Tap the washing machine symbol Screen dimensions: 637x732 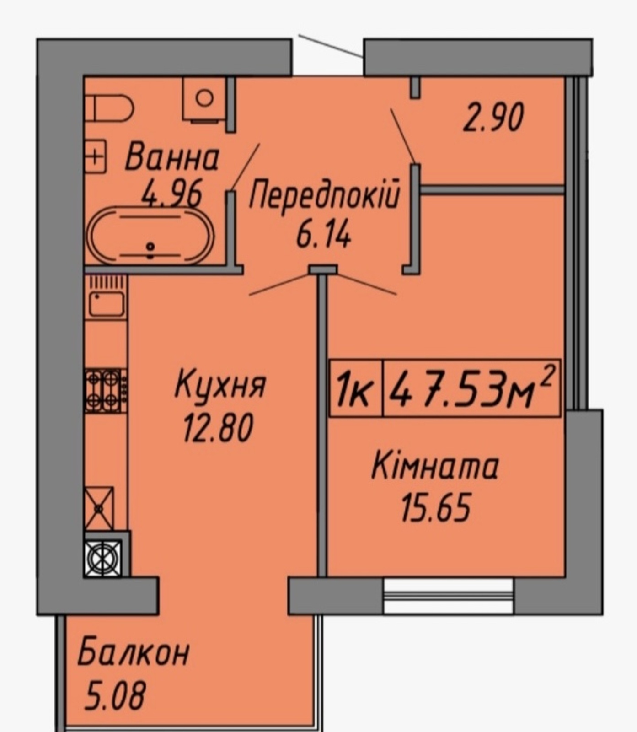204,99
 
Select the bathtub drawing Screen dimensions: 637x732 150,236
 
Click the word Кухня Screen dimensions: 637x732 220,385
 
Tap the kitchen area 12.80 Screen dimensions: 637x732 218,428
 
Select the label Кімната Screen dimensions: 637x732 434,467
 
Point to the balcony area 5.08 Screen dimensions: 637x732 115,695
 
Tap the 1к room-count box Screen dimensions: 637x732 356,388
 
